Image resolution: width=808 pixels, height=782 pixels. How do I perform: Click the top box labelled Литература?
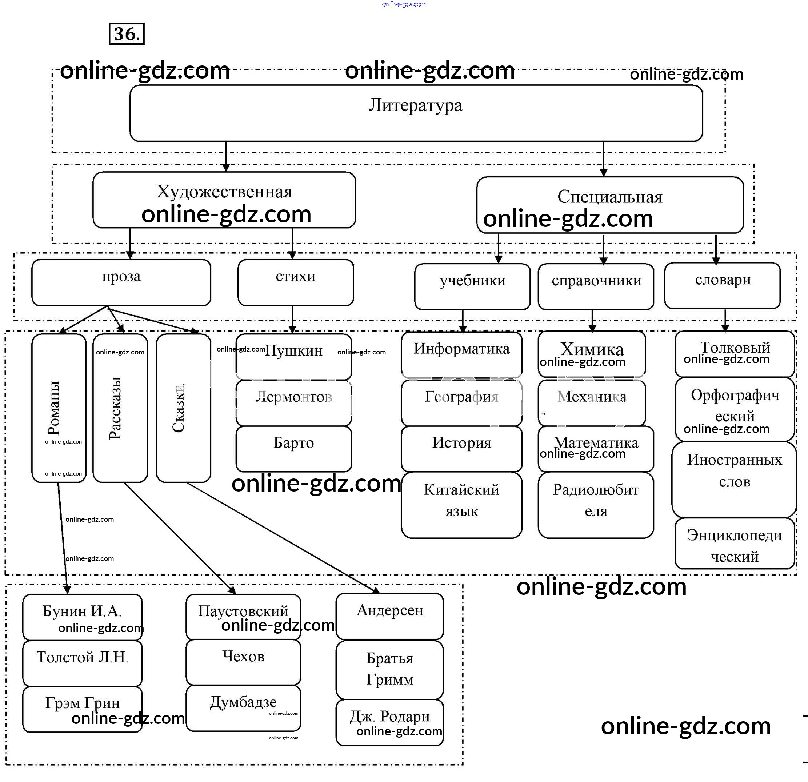click(416, 113)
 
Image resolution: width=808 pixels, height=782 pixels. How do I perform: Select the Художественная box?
click(224, 200)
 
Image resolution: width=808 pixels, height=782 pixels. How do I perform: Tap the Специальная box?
click(610, 205)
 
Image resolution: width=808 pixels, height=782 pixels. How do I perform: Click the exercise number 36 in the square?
click(127, 34)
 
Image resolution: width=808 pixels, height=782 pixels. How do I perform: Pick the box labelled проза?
click(121, 282)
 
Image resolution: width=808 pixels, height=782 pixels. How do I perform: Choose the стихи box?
click(296, 282)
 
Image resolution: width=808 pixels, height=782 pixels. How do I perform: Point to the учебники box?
click(472, 286)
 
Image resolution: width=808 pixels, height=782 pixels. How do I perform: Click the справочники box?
click(596, 286)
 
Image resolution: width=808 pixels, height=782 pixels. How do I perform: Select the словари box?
click(722, 285)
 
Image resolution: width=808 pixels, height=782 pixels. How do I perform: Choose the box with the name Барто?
click(293, 449)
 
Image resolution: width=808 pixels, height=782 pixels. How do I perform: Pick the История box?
click(461, 449)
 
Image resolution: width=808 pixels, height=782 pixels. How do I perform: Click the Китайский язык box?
click(461, 505)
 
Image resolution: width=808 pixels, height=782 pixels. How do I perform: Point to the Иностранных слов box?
click(734, 479)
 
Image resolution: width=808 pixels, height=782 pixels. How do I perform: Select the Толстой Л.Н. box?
click(83, 663)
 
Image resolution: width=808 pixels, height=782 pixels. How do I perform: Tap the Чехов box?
click(243, 662)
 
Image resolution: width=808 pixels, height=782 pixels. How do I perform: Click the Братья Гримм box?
click(389, 669)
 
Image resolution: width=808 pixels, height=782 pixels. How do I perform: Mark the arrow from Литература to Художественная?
click(226, 156)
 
